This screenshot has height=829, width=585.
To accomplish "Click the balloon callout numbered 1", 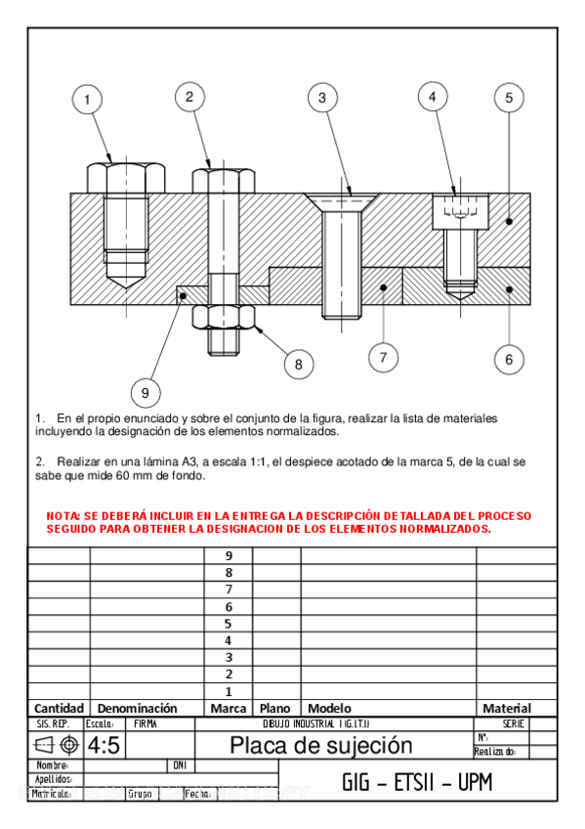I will (x=88, y=99).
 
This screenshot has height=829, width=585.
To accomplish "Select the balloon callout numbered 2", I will (x=189, y=96).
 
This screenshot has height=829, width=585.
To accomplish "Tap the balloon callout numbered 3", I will (x=321, y=97).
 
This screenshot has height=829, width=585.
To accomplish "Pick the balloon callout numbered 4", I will (x=434, y=96).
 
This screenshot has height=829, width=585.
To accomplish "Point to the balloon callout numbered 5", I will (x=509, y=97).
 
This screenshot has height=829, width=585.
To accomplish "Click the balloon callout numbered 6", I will (x=509, y=359).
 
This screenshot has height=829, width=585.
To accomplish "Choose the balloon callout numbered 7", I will (x=383, y=357).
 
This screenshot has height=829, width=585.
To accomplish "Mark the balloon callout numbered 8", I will (x=299, y=364).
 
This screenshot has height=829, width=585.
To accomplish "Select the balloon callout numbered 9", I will (x=145, y=393).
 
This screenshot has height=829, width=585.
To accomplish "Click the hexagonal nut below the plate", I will (x=224, y=318).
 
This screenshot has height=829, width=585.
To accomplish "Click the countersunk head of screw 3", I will (x=342, y=201).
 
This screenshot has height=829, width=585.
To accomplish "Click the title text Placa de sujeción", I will (x=320, y=746).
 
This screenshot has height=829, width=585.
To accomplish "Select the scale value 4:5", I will (x=104, y=746).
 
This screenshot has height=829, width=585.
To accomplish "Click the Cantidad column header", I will (x=59, y=708).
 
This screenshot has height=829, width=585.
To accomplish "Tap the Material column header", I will (x=507, y=708).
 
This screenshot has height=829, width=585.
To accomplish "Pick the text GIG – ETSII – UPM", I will (x=417, y=782).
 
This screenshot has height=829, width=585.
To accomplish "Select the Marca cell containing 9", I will (x=229, y=555).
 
